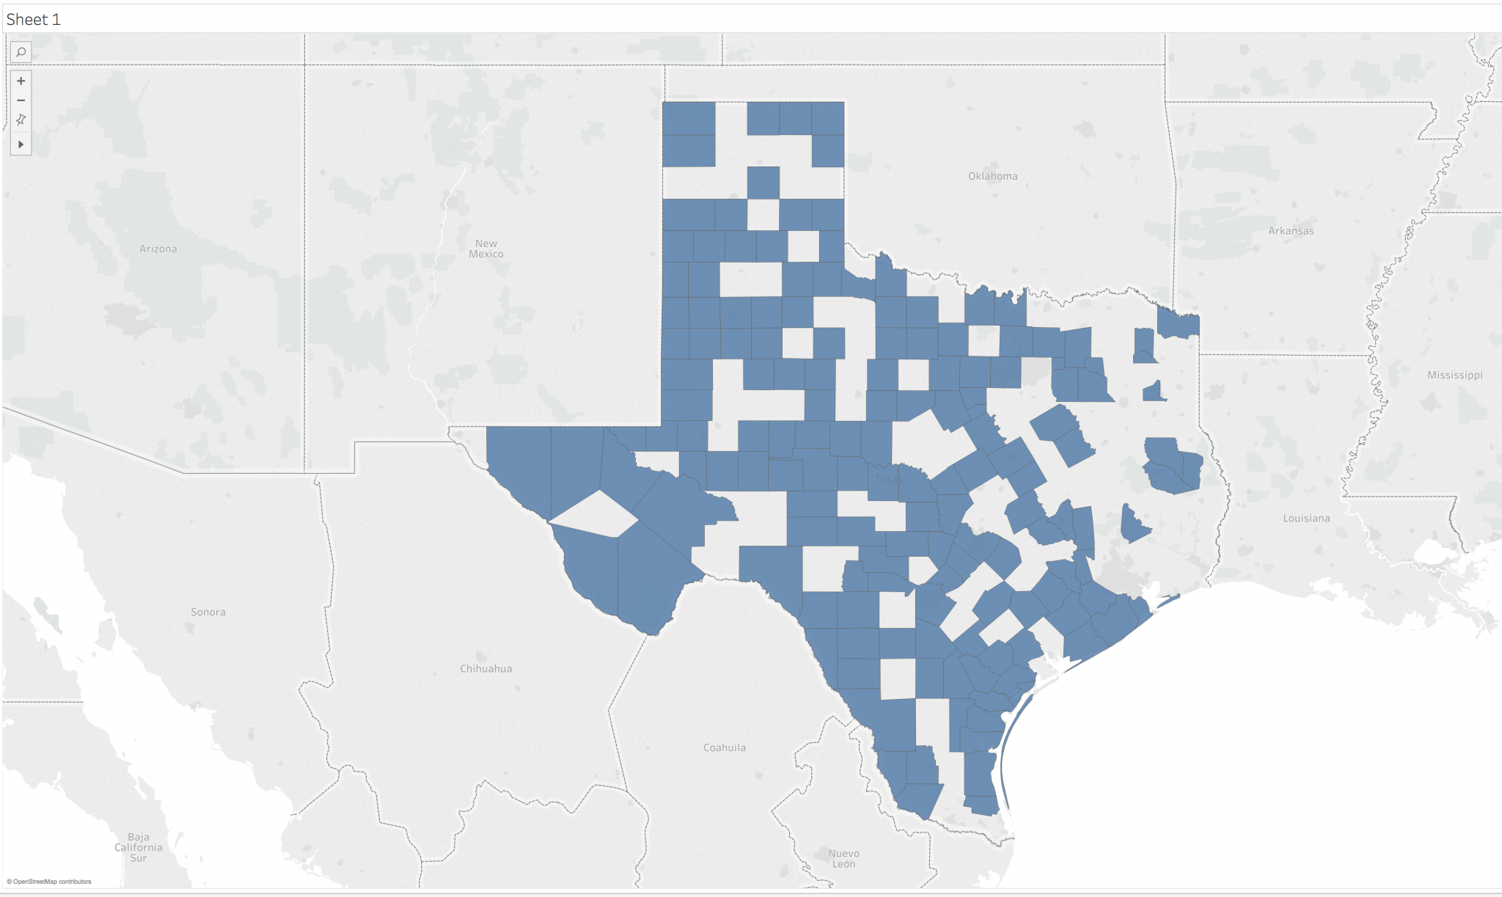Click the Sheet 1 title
(x=33, y=20)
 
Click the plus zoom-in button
(x=21, y=81)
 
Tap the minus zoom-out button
(x=21, y=100)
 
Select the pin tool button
(x=21, y=120)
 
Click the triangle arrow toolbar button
(x=21, y=144)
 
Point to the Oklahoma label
(x=992, y=176)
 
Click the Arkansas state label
(x=1291, y=231)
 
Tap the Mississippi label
(x=1454, y=376)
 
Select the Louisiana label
(x=1305, y=519)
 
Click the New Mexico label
(x=486, y=249)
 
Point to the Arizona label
(x=158, y=249)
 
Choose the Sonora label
(x=208, y=612)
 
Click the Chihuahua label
(x=486, y=669)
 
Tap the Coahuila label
(x=724, y=748)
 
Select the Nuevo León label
(x=843, y=859)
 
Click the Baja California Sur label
(x=138, y=848)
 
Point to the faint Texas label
(x=887, y=480)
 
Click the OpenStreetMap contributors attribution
(x=49, y=882)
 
